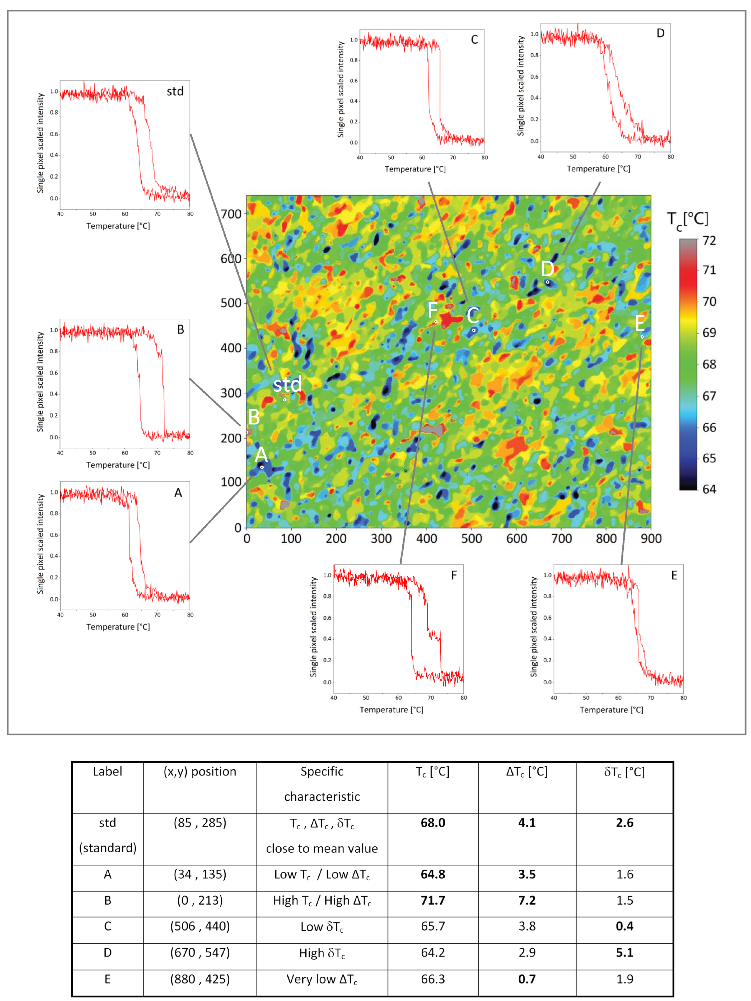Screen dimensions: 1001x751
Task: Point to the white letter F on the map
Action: click(433, 310)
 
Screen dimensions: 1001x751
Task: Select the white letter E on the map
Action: click(640, 323)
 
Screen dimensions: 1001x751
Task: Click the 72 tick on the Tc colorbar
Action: click(709, 241)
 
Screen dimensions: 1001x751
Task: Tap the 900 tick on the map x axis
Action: click(650, 539)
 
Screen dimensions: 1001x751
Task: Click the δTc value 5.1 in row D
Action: click(624, 953)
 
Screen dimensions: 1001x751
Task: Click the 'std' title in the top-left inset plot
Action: click(175, 91)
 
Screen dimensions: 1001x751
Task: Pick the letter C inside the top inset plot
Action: click(474, 40)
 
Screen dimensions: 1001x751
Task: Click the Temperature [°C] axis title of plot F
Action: click(391, 710)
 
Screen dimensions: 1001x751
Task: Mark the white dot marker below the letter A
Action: click(262, 467)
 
